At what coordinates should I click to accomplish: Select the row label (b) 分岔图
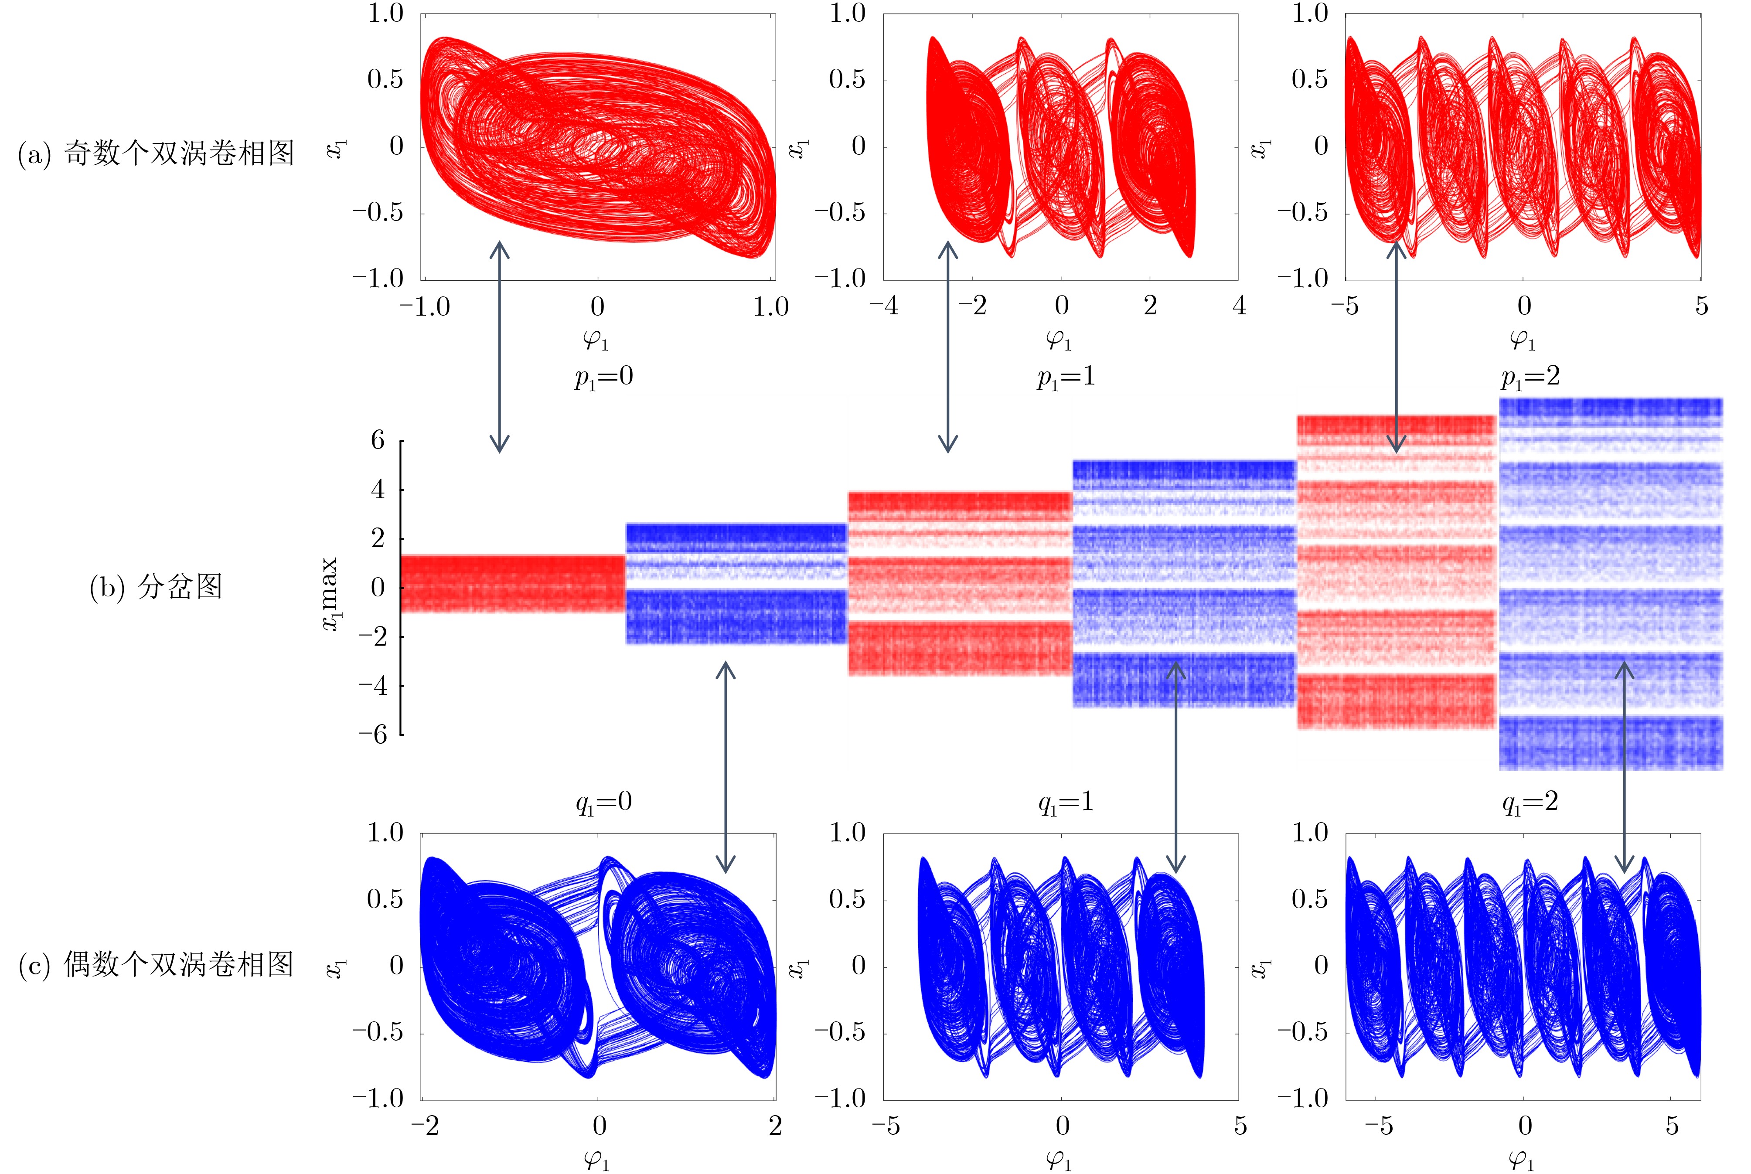click(x=156, y=586)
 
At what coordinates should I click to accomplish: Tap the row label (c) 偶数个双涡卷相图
click(x=156, y=964)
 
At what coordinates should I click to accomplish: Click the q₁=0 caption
click(x=603, y=803)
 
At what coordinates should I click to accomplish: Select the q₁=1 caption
click(x=1065, y=803)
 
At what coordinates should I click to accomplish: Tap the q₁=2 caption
click(x=1530, y=803)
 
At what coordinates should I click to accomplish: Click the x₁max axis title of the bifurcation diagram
click(x=330, y=594)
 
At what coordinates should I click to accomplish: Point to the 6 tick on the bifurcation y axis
click(x=378, y=440)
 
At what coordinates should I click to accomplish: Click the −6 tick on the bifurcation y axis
click(x=373, y=734)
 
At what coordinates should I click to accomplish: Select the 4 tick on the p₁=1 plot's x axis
click(x=1239, y=306)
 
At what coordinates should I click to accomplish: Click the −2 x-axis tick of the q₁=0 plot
click(x=425, y=1125)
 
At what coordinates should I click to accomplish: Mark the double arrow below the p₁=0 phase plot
click(x=499, y=347)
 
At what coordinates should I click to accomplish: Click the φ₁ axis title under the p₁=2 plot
click(x=1522, y=340)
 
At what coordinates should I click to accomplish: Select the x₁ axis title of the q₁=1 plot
click(x=799, y=967)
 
